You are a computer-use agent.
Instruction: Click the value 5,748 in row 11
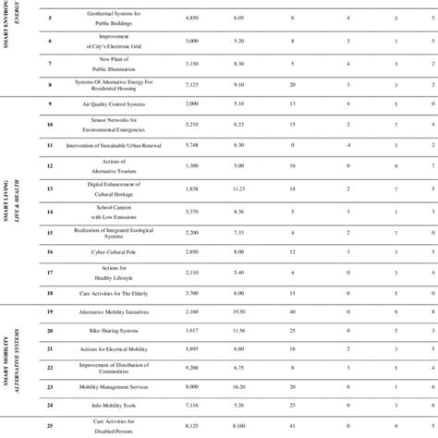[193, 145]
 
